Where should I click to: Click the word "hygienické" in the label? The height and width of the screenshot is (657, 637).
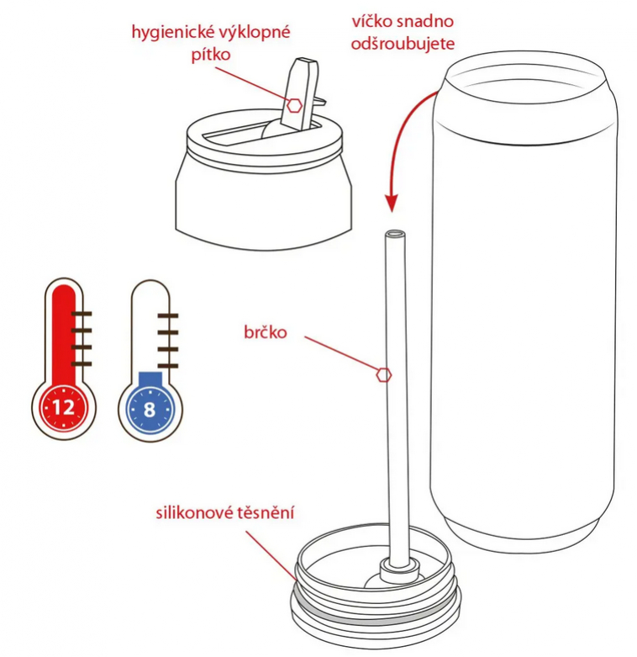pyautogui.click(x=172, y=33)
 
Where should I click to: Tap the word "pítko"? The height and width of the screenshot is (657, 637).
pyautogui.click(x=211, y=55)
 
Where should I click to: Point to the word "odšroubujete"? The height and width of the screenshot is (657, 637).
pyautogui.click(x=403, y=44)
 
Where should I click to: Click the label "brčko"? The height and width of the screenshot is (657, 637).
pyautogui.click(x=266, y=332)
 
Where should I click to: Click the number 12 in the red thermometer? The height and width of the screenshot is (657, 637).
pyautogui.click(x=64, y=407)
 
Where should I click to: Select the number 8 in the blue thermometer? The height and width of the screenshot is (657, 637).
pyautogui.click(x=150, y=410)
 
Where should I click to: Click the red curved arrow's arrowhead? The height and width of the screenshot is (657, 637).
pyautogui.click(x=392, y=204)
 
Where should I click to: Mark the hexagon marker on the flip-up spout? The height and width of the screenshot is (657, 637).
pyautogui.click(x=295, y=106)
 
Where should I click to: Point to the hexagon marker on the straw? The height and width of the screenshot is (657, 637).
pyautogui.click(x=384, y=375)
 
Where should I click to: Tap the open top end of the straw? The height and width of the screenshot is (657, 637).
pyautogui.click(x=395, y=233)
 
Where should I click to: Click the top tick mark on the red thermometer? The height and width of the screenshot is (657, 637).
pyautogui.click(x=82, y=314)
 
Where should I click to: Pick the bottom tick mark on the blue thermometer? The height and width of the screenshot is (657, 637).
pyautogui.click(x=168, y=366)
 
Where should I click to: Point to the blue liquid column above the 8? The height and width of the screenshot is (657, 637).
pyautogui.click(x=150, y=379)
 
